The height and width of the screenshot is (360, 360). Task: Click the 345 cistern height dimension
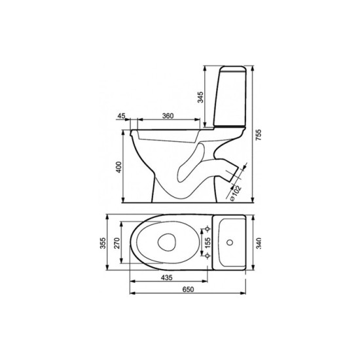pos(200,97)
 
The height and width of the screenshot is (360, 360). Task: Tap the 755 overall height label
pos(259,135)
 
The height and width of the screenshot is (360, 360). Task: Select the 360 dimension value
pos(168,116)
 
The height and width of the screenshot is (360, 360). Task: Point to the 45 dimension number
pos(121,116)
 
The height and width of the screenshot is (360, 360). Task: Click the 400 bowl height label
pos(119,167)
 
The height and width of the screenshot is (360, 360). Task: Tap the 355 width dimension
pos(103,243)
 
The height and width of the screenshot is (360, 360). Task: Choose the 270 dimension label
pos(117,243)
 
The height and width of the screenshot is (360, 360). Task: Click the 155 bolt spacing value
pos(207,243)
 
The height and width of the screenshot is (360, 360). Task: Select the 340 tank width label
pos(259,243)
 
